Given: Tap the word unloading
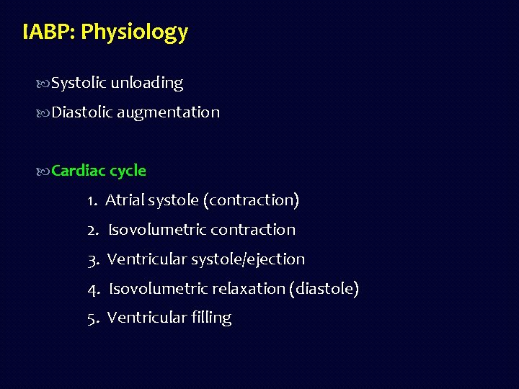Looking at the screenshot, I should tap(146, 84).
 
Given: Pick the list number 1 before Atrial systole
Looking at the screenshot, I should tap(92, 200).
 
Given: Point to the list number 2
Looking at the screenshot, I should tap(92, 230).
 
